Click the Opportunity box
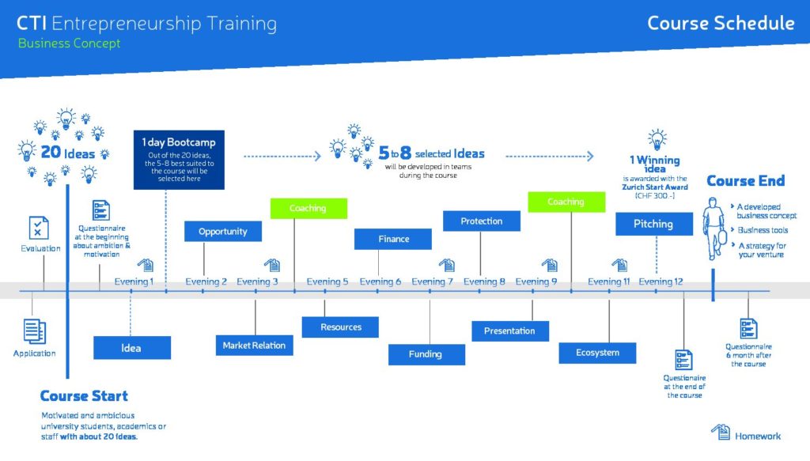222,231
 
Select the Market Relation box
254,346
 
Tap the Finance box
393,239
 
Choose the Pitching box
654,224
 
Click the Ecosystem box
597,353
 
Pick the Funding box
426,355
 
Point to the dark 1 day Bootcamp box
179,160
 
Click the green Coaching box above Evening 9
566,202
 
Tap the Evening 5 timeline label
327,282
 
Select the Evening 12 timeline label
660,282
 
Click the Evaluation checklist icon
39,228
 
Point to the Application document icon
35,331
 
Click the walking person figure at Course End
715,229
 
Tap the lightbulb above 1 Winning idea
657,139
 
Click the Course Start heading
84,396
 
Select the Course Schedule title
721,23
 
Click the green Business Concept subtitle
70,43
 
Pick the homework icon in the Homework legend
721,432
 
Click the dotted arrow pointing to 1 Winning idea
550,157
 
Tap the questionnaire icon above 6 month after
748,329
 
